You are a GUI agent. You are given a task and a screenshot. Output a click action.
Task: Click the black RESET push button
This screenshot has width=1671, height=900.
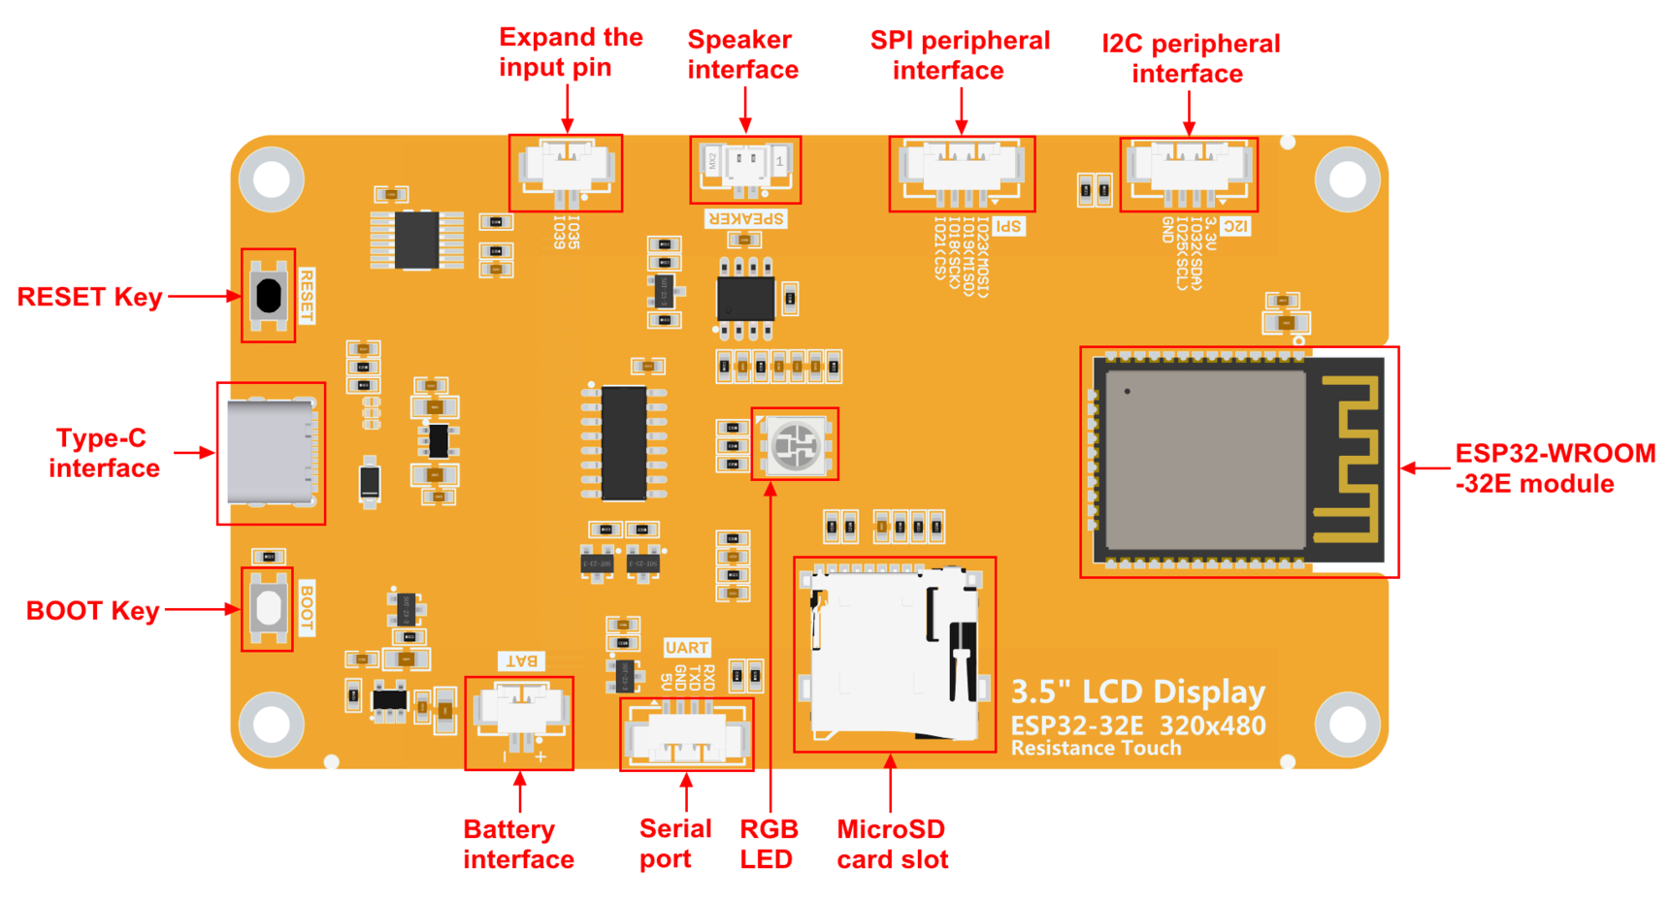[269, 295]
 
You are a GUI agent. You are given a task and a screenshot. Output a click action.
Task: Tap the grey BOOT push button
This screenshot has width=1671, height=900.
[269, 608]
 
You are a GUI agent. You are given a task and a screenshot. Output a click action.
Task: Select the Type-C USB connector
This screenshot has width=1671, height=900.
[271, 453]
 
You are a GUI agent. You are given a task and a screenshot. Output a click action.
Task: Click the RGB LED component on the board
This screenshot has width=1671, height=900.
[796, 445]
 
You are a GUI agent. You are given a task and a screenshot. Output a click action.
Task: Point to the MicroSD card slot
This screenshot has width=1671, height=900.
[893, 655]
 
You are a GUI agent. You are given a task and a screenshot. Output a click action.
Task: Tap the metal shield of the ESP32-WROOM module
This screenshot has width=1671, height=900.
[1205, 460]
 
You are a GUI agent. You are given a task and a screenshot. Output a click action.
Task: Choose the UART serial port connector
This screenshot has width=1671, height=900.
[687, 735]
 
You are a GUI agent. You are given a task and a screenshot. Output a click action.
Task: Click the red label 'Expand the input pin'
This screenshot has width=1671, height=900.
[570, 52]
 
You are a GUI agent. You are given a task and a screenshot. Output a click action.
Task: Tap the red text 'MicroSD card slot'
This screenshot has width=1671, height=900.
[892, 844]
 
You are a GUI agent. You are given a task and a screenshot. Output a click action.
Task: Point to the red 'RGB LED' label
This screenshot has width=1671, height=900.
[769, 844]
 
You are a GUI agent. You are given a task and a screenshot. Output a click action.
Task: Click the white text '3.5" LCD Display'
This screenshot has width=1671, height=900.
[1137, 691]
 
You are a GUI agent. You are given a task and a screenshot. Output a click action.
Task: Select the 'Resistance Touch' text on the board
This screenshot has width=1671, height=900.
[1096, 749]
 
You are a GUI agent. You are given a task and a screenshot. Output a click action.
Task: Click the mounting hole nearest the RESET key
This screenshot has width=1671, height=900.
[272, 179]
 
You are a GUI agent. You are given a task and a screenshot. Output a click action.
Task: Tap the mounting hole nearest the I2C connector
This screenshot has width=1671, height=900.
[1347, 179]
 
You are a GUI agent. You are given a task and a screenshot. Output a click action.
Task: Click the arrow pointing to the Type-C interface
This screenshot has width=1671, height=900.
[194, 453]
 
